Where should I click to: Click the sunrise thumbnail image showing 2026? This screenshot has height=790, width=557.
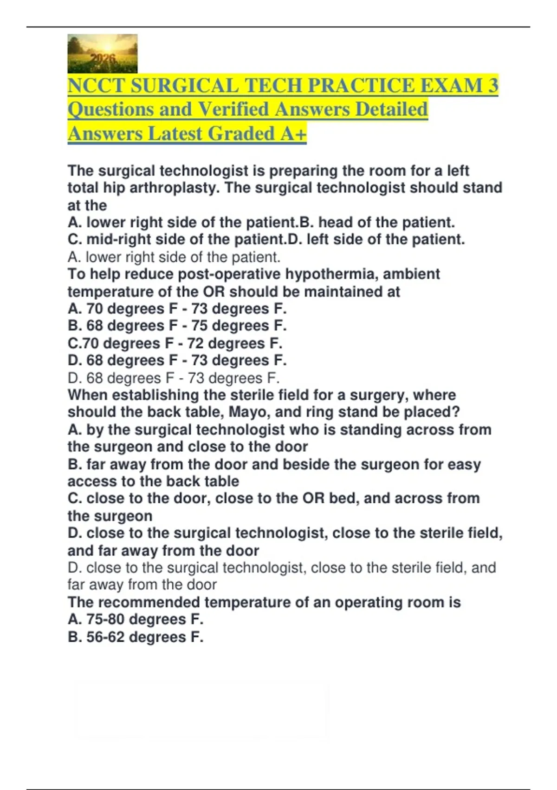pyautogui.click(x=102, y=53)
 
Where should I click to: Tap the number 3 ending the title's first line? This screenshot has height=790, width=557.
pyautogui.click(x=493, y=86)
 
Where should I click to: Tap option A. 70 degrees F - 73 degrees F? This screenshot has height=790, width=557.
pyautogui.click(x=177, y=309)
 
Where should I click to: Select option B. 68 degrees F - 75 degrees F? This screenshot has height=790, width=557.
pyautogui.click(x=177, y=326)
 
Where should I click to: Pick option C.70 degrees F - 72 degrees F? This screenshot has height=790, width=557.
pyautogui.click(x=175, y=343)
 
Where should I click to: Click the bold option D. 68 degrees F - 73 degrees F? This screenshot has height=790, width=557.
pyautogui.click(x=177, y=360)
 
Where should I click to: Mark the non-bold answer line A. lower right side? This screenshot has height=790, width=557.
pyautogui.click(x=174, y=257)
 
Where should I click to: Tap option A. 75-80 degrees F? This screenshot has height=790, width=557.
pyautogui.click(x=136, y=619)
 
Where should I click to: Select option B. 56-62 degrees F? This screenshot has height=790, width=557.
pyautogui.click(x=136, y=637)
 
